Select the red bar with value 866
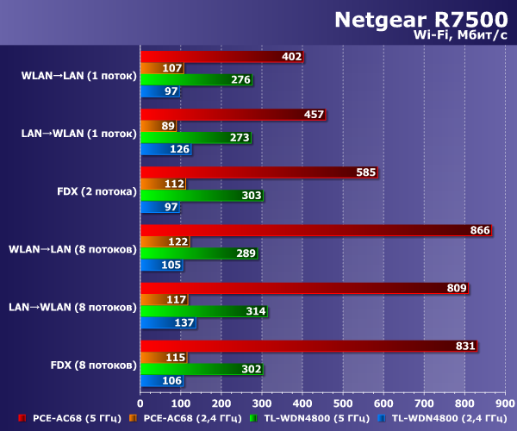pos(315,230)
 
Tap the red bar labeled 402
pos(223,57)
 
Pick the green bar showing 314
pos(204,311)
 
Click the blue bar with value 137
pos(169,322)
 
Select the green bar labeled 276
pos(196,80)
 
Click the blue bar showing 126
pos(166,149)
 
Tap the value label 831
pos(464,346)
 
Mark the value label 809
pos(455,288)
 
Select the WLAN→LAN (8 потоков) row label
pos(72,249)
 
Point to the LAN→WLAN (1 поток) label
pos(78,134)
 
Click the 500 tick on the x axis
pos(343,402)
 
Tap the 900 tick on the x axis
pos(505,402)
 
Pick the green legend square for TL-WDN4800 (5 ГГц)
pos(253,418)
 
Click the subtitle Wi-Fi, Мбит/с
pos(460,34)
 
